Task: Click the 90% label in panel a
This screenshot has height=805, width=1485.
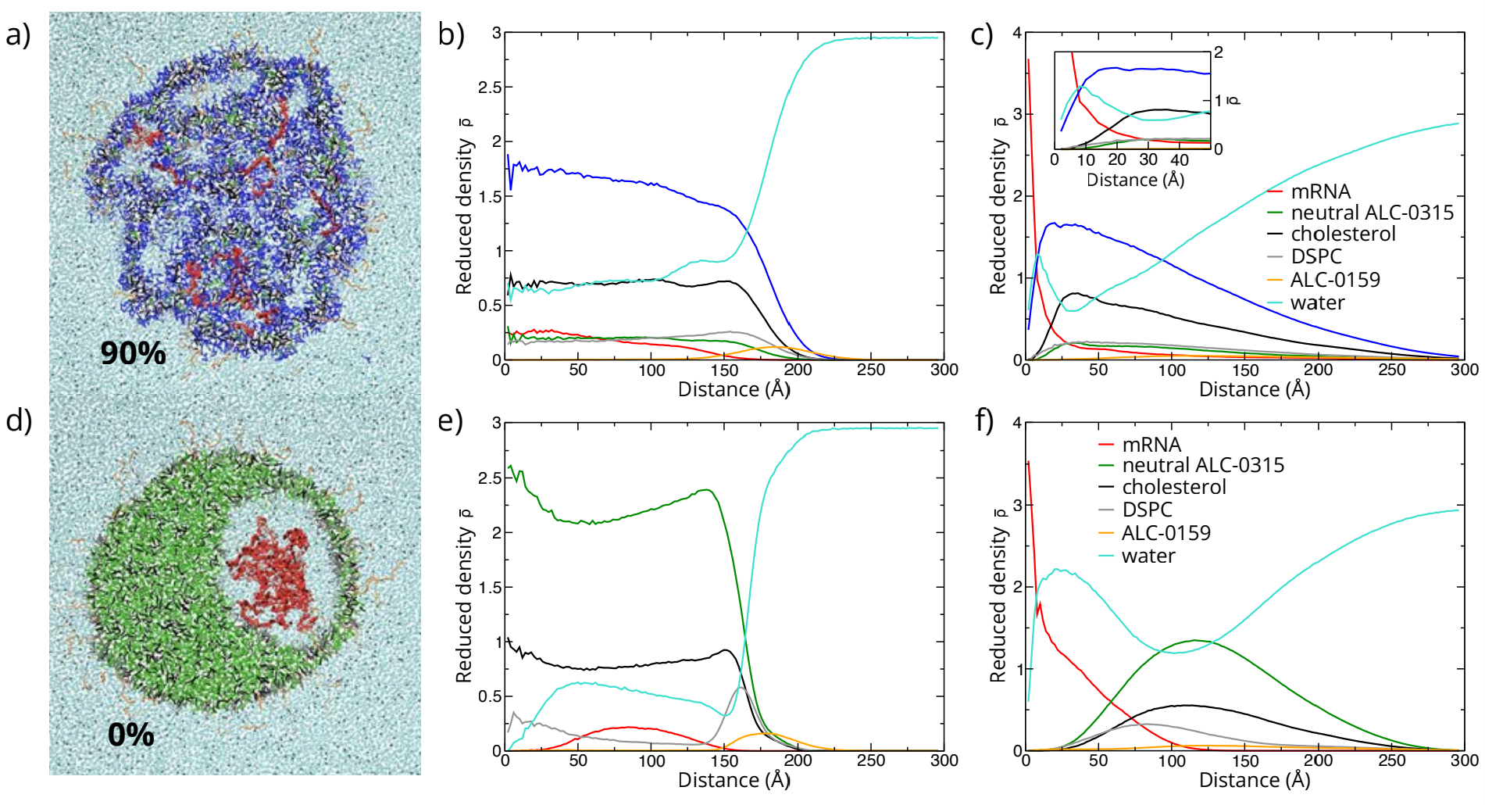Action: pos(133,353)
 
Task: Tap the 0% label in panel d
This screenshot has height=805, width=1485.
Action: pos(130,735)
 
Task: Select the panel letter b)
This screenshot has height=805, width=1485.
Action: pos(452,35)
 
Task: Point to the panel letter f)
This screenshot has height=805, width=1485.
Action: pos(985,421)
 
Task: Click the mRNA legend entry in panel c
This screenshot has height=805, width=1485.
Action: pos(1320,191)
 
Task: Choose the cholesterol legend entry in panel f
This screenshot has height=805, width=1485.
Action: pos(1173,487)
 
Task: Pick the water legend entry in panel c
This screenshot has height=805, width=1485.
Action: pos(1317,302)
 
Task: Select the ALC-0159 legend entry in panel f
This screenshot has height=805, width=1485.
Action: pos(1166,533)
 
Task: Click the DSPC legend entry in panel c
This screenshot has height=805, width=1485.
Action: pos(1315,256)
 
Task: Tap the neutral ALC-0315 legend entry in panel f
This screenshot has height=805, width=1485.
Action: pos(1203,465)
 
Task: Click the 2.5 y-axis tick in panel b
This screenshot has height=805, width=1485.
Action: pos(491,88)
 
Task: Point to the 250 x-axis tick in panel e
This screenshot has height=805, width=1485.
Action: pos(871,760)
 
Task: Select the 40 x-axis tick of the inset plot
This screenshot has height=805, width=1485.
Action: pos(1180,160)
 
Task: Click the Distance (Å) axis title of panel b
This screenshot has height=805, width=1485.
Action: pos(734,389)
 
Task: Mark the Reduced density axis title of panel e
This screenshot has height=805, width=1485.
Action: pos(465,594)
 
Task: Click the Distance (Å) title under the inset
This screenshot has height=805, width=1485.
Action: pos(1135,180)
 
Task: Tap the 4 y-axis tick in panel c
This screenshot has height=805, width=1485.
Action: pos(1016,33)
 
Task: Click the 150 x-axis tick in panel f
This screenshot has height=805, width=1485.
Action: pos(1245,760)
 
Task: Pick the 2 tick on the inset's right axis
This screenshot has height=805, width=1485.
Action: pos(1219,53)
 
